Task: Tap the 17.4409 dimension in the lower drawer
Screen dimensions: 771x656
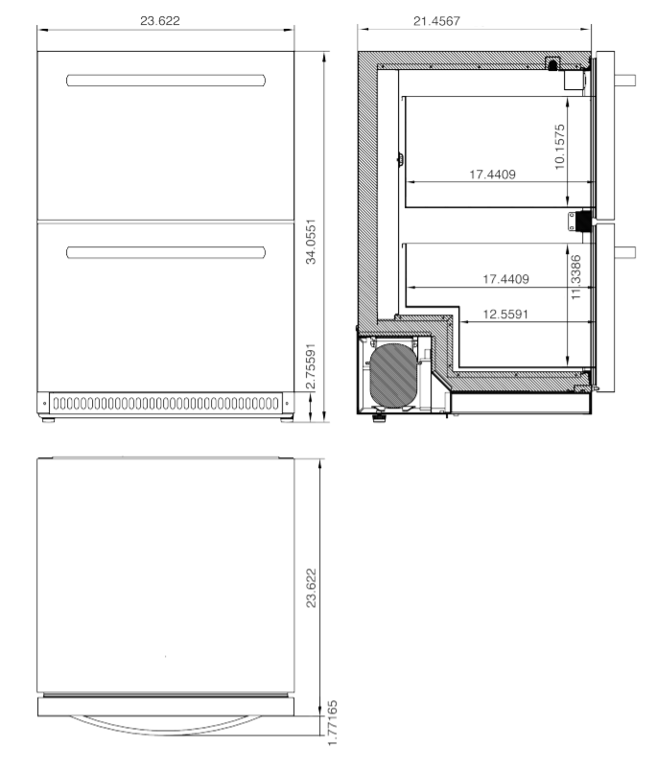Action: click(x=506, y=279)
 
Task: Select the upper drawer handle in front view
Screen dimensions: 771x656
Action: click(x=165, y=81)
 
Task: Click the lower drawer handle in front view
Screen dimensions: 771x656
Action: click(x=165, y=252)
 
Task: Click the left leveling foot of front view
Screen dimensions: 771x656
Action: click(x=45, y=419)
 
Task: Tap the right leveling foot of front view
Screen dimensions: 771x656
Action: click(x=284, y=419)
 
